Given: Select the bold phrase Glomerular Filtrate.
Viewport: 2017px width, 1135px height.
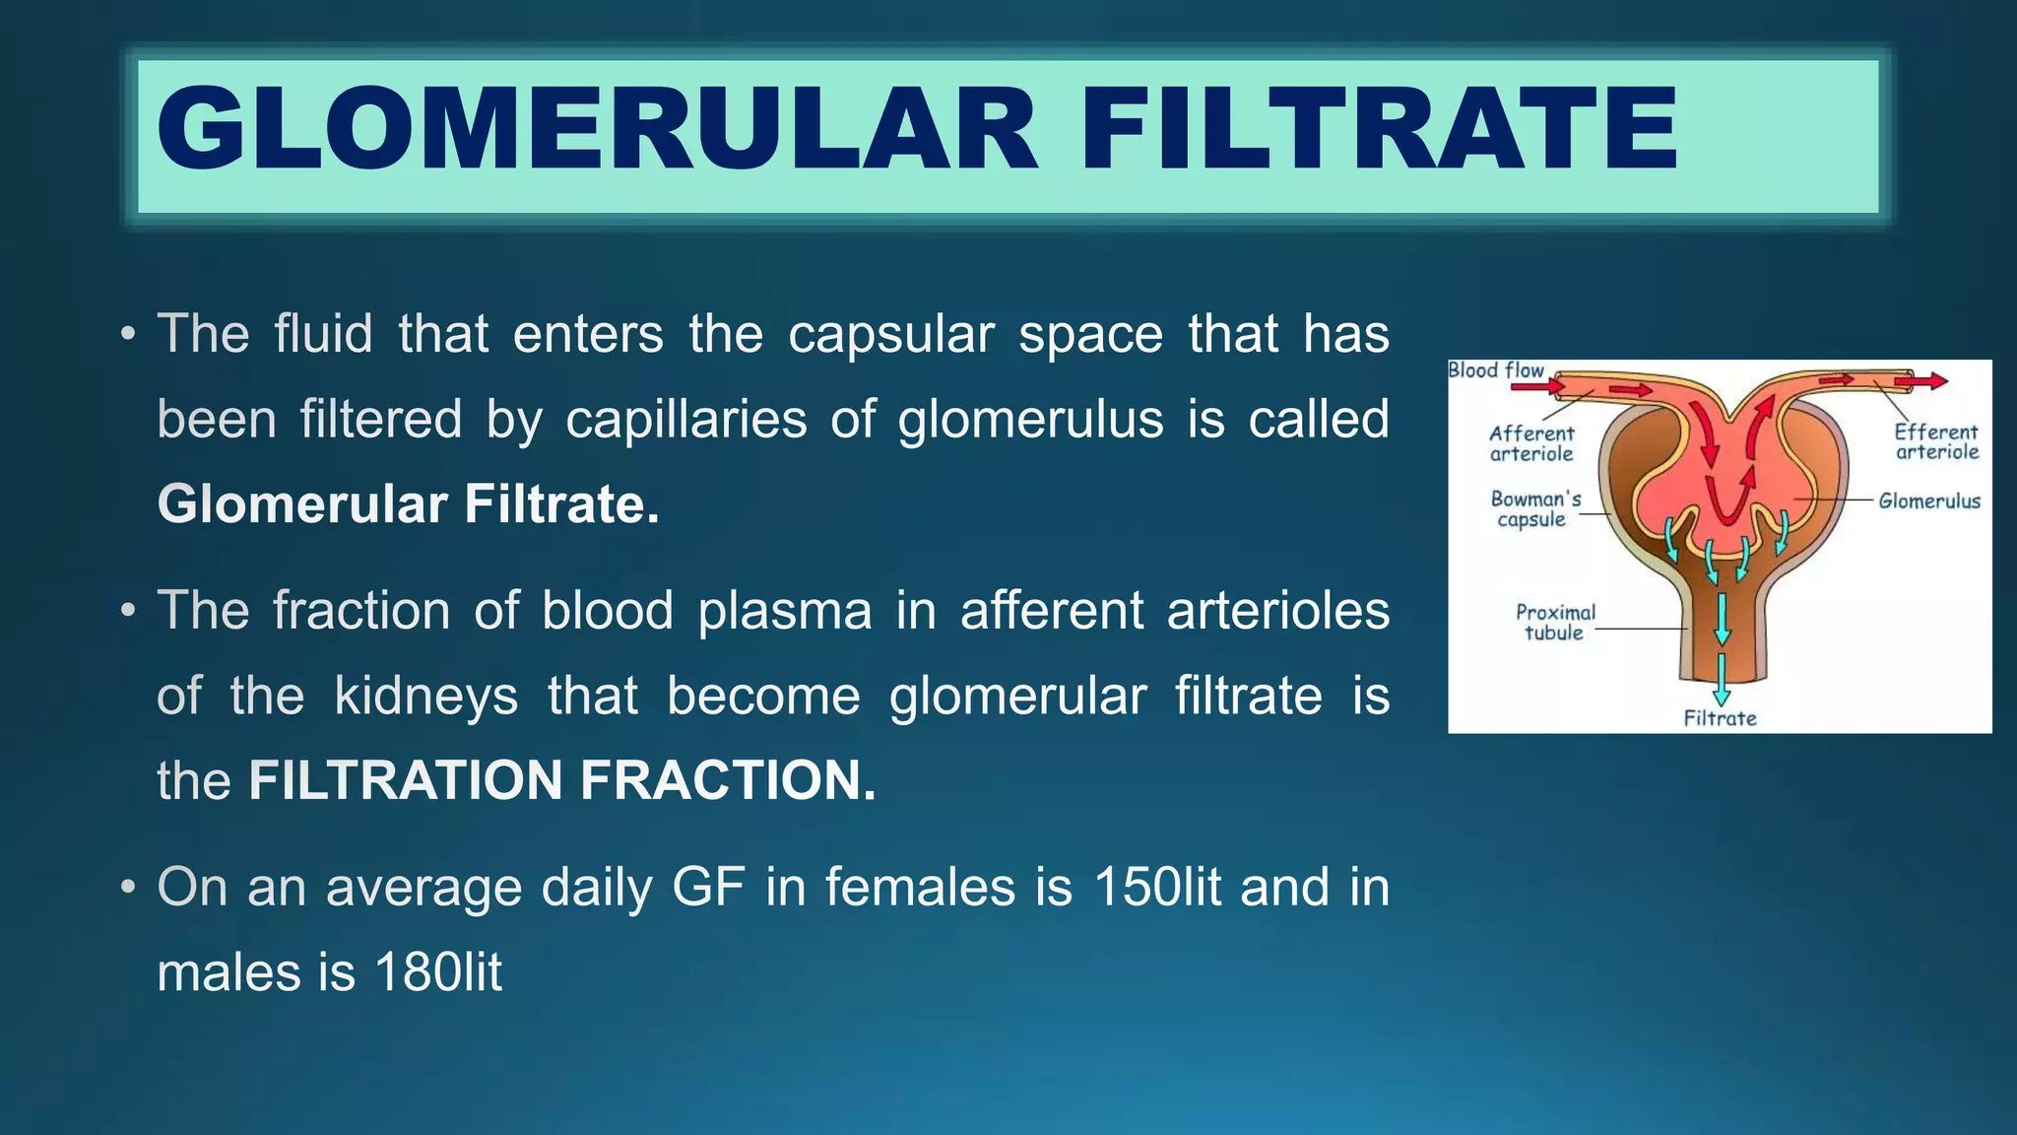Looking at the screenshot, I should tap(408, 503).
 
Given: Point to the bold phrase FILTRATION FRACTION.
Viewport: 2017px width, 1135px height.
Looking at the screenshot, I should tap(561, 780).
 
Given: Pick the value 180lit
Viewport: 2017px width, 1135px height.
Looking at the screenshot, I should tap(438, 972).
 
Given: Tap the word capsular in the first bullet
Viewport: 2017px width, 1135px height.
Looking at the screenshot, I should tap(890, 333).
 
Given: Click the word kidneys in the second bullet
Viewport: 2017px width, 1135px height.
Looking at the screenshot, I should tap(425, 696).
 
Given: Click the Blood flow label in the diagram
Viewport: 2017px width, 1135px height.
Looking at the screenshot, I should tap(1496, 370).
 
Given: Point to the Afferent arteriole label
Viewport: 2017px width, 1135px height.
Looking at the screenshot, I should tap(1531, 443).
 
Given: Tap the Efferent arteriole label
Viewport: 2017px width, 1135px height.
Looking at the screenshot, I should tap(1936, 441).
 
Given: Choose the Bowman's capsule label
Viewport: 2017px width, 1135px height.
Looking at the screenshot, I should tap(1534, 509).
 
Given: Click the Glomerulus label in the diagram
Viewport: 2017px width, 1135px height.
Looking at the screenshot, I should tap(1928, 501).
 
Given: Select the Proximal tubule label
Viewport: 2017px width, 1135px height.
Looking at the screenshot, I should tap(1555, 623).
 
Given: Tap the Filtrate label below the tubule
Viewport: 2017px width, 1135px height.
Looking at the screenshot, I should tap(1720, 718).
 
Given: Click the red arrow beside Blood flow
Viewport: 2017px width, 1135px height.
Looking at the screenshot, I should tap(1536, 387).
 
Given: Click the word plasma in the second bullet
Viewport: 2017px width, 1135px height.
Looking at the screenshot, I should tap(785, 610).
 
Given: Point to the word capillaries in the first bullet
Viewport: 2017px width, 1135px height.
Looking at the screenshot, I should tap(685, 419).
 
